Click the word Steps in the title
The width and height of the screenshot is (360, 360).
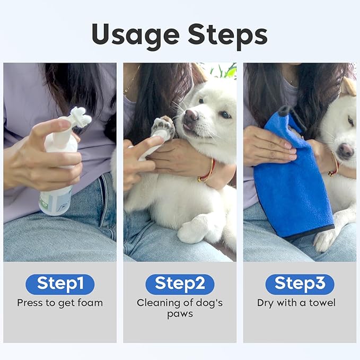pyautogui.click(x=222, y=36)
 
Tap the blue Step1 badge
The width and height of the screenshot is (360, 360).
pyautogui.click(x=60, y=284)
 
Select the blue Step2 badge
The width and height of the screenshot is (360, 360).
pyautogui.click(x=180, y=284)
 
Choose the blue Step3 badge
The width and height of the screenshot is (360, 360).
pyautogui.click(x=300, y=284)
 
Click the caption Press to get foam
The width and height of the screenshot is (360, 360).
pyautogui.click(x=60, y=303)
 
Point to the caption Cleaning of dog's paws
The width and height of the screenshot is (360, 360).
pyautogui.click(x=180, y=308)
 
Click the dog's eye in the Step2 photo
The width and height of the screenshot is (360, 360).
pyautogui.click(x=224, y=114)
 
